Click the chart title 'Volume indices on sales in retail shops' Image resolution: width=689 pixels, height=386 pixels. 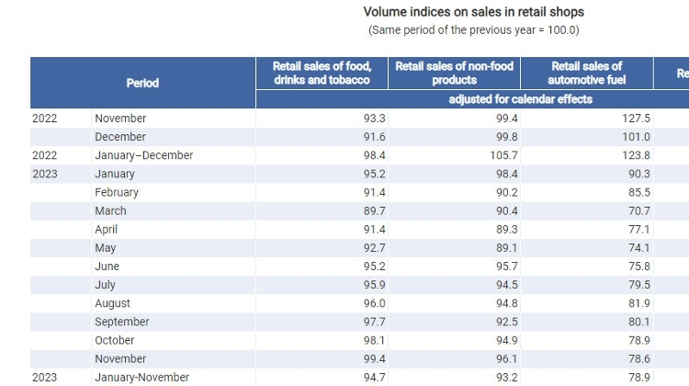point(473,12)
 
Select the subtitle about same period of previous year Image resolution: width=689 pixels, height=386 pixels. point(473,30)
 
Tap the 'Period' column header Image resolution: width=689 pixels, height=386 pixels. point(142,83)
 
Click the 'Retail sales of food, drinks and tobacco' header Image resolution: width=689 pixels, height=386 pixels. point(322,74)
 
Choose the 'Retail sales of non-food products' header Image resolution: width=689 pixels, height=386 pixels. point(454,74)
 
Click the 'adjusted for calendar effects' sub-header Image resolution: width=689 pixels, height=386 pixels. point(520,99)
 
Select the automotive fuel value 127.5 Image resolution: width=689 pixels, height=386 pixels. point(636,119)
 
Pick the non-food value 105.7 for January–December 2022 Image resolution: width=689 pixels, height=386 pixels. point(503,155)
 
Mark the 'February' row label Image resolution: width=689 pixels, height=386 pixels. point(117,193)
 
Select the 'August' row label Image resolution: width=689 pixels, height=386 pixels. point(112,303)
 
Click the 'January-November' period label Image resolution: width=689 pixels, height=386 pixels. point(141,378)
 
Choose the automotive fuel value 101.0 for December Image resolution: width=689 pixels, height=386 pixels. point(636,137)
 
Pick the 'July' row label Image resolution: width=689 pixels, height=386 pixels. point(105,285)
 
